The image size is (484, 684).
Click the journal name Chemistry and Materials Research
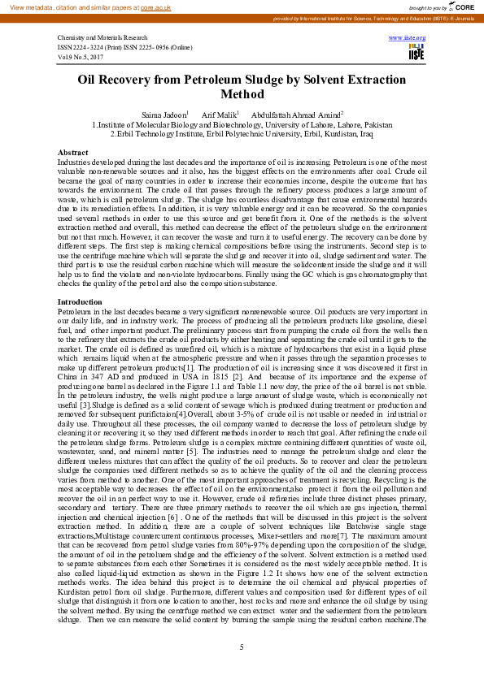pos(102,38)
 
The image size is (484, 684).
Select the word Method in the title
pos(241,94)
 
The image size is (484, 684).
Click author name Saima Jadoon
pos(164,115)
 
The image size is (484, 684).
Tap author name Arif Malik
pos(219,115)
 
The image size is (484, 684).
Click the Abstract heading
pos(72,153)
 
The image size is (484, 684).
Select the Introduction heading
pos(80,302)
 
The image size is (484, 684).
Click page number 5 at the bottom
pos(242,647)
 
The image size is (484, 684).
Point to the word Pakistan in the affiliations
pos(376,124)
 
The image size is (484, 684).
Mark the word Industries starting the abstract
pos(74,163)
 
